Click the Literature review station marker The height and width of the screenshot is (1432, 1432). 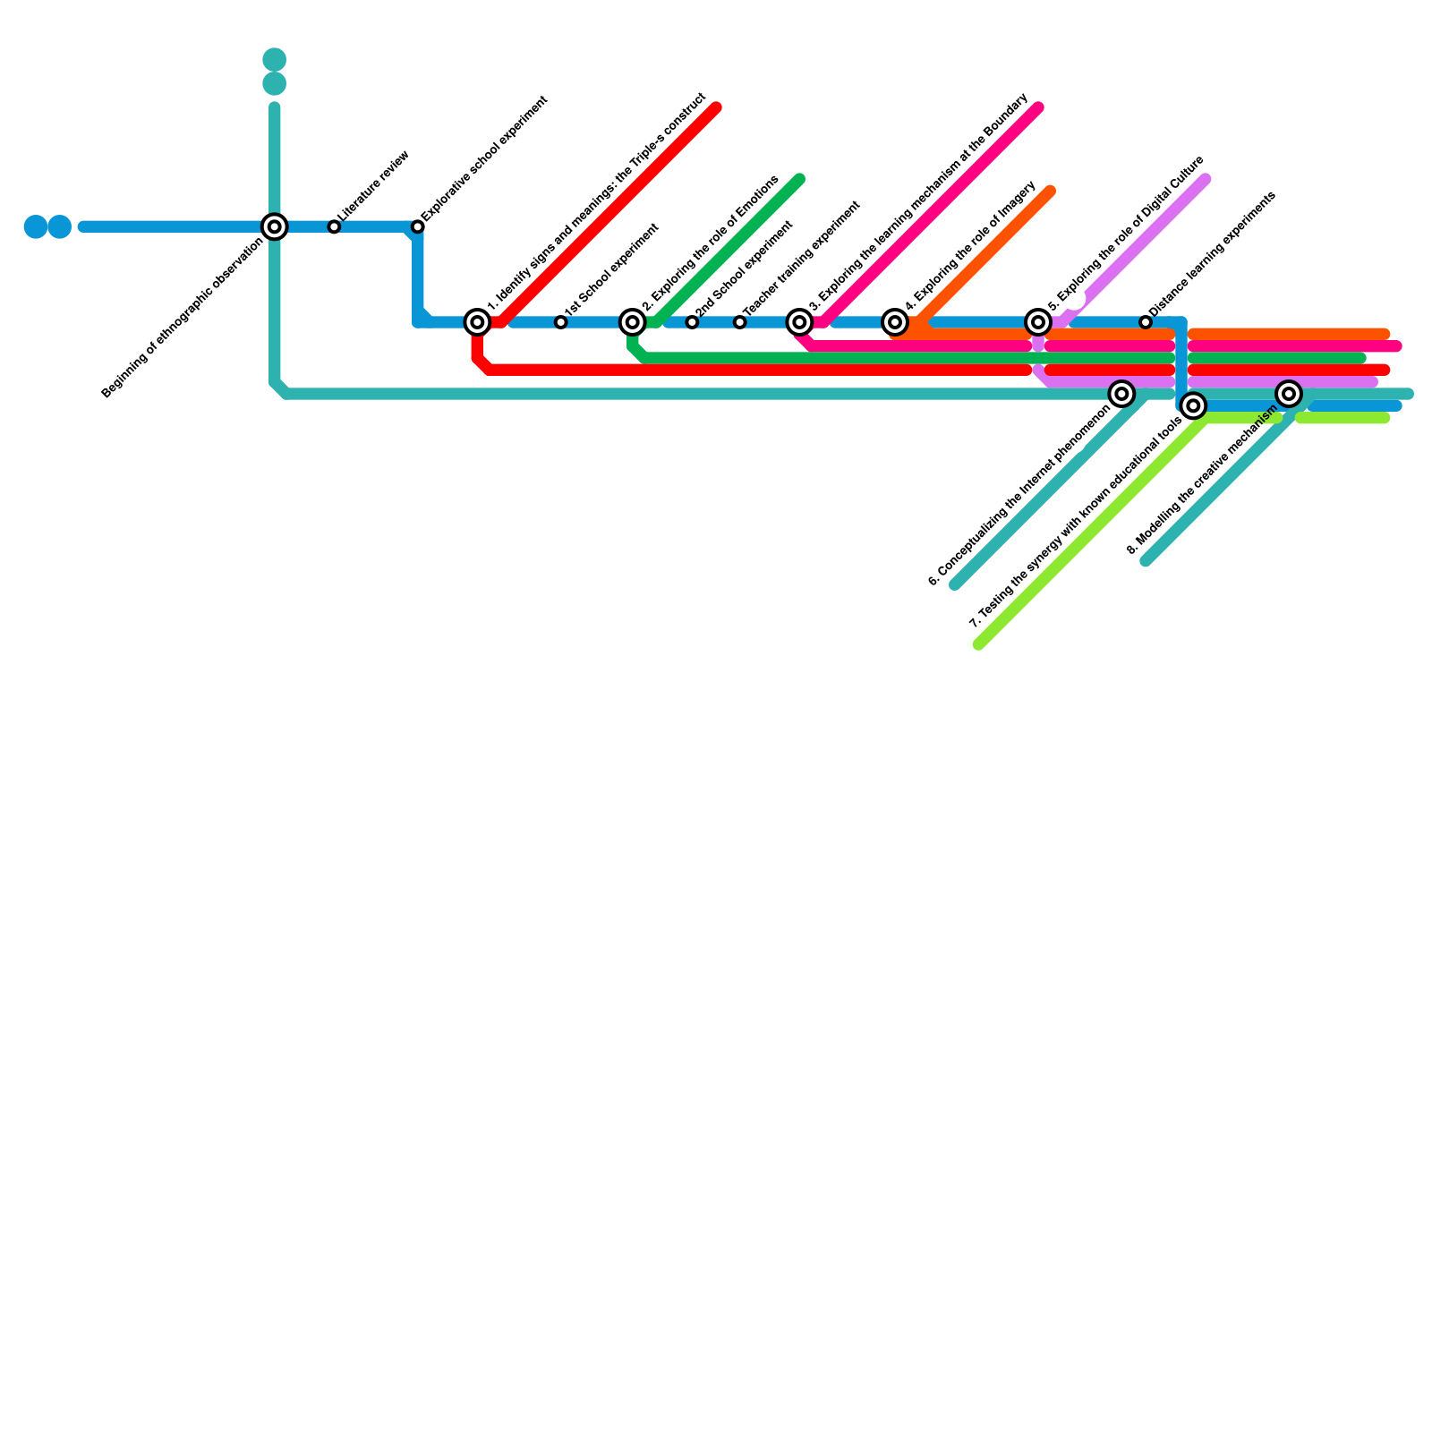[x=334, y=227]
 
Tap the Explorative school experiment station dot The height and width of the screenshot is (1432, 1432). [x=418, y=227]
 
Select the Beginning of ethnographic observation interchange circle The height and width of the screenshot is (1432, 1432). [x=275, y=227]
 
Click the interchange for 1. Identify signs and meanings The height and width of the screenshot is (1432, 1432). [x=478, y=322]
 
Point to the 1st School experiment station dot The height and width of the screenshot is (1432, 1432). [x=560, y=322]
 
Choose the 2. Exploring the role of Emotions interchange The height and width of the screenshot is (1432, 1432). [x=633, y=322]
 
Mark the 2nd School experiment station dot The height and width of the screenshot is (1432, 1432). [x=692, y=322]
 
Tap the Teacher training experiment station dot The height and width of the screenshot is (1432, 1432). [x=739, y=322]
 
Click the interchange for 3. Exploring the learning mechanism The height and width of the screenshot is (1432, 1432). [x=800, y=322]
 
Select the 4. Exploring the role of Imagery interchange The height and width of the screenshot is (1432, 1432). [x=895, y=322]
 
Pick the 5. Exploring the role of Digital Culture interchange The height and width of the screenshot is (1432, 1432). [x=1038, y=322]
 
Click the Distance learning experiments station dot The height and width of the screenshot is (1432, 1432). [x=1146, y=322]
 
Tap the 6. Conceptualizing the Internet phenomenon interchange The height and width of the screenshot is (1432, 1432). [x=1121, y=394]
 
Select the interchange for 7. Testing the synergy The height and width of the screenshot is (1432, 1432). [x=1193, y=406]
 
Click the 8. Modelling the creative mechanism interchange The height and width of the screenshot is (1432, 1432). [x=1289, y=394]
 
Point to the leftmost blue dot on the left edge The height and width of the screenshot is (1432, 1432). [x=36, y=227]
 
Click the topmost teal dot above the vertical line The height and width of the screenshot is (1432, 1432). [x=275, y=60]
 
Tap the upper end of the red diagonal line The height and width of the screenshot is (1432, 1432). [x=716, y=108]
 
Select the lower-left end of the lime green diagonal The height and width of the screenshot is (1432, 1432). [x=979, y=644]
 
